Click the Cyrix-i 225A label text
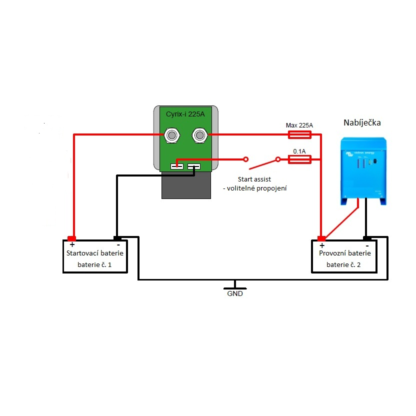(185, 114)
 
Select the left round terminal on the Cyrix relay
(172, 134)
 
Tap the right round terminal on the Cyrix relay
(199, 134)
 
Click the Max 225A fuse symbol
(300, 134)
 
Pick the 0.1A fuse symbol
(300, 159)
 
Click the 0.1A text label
(299, 150)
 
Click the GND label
(235, 294)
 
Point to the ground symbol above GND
(235, 286)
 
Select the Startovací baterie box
(95, 256)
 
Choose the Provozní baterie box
(344, 256)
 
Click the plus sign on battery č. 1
(72, 245)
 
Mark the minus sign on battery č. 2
(367, 245)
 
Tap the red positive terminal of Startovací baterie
(71, 238)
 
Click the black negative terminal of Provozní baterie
(367, 238)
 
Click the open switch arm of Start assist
(263, 163)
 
